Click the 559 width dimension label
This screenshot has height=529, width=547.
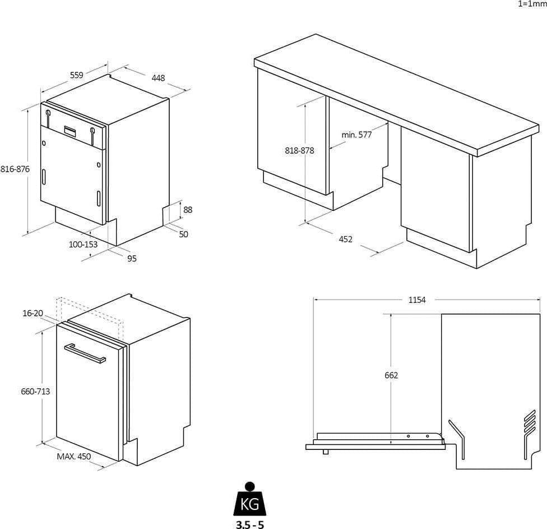tap(77, 75)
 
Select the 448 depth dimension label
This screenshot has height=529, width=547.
tap(158, 77)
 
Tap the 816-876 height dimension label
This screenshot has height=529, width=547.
tap(15, 169)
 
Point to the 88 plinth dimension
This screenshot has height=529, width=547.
tap(188, 209)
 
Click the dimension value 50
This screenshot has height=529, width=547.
tap(183, 234)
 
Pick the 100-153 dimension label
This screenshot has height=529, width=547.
tap(83, 245)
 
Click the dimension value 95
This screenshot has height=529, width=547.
tap(132, 259)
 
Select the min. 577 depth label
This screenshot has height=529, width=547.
tap(356, 135)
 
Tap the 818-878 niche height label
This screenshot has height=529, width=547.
tap(299, 150)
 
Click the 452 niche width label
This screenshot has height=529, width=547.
tap(345, 239)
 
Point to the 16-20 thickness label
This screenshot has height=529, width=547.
tap(33, 313)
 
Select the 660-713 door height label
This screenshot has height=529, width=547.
tap(35, 392)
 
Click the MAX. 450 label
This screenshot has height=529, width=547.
tap(73, 457)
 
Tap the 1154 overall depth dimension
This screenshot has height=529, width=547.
tap(417, 300)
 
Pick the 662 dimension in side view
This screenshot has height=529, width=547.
tap(391, 375)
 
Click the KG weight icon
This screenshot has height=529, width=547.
tap(250, 499)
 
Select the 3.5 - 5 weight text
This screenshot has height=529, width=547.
tap(250, 525)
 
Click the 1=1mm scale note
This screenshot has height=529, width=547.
tap(532, 4)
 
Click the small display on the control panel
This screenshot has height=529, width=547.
tap(71, 131)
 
